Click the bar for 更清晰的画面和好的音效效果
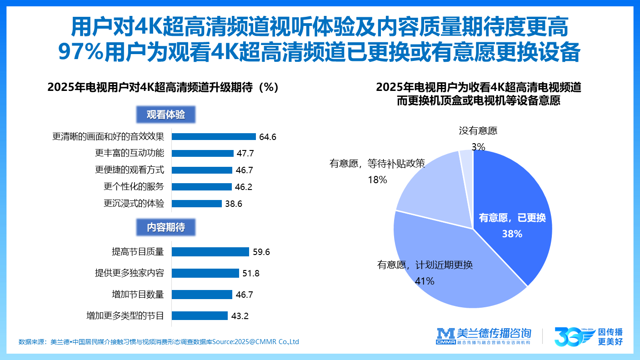[x=214, y=136]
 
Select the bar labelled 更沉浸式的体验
[x=197, y=204]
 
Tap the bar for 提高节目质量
[x=210, y=252]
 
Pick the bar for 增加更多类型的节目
[x=200, y=315]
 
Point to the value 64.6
[x=268, y=137]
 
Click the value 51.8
[x=250, y=273]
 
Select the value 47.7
[x=245, y=154]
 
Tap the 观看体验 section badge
[x=166, y=115]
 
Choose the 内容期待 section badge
[x=166, y=227]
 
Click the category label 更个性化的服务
[x=134, y=187]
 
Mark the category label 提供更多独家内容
[x=129, y=273]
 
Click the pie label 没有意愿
[x=478, y=131]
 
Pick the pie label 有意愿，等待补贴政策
[x=377, y=164]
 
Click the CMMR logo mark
[x=445, y=336]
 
